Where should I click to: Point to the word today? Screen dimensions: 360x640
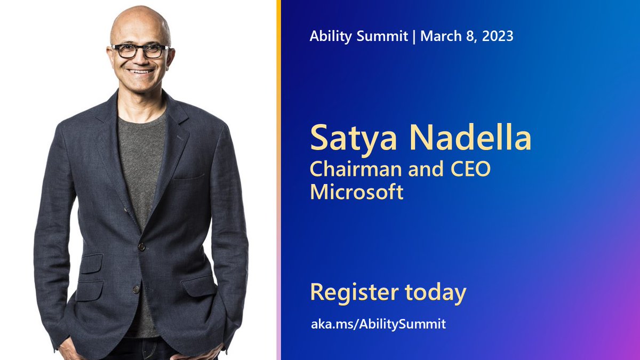click(x=435, y=292)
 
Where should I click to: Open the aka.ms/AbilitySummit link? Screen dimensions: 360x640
click(x=378, y=323)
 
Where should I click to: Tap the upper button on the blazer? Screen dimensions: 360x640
click(x=142, y=246)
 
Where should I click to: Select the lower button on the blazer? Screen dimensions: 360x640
click(x=136, y=290)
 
